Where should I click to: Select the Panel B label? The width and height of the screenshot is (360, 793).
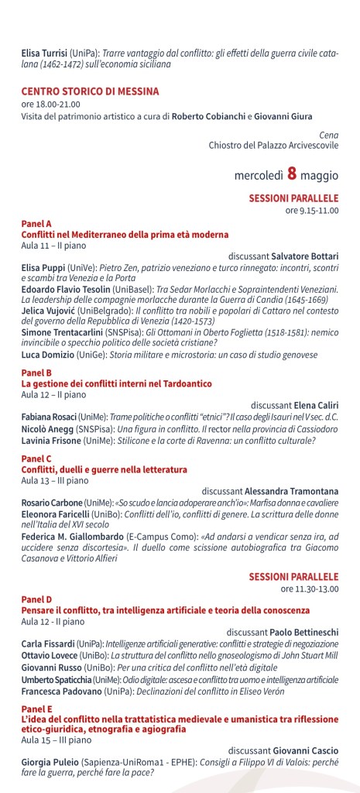[x=36, y=373]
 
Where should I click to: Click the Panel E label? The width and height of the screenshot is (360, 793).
[x=36, y=709]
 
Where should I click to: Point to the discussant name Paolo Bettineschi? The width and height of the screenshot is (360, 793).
[x=300, y=632]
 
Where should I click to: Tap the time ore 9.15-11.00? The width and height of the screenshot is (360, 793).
[x=312, y=210]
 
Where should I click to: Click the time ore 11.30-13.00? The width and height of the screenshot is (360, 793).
[x=310, y=567]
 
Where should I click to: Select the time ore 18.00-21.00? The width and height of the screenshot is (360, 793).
[x=50, y=104]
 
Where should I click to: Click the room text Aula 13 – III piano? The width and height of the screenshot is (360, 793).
[x=53, y=480]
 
